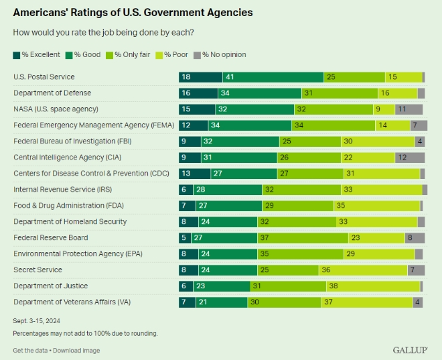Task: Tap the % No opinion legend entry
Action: coord(220,54)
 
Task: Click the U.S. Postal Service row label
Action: coord(44,77)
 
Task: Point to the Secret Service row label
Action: coord(38,269)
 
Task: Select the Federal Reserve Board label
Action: coord(51,237)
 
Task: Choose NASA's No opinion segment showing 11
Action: coord(409,109)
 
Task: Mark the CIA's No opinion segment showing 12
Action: coord(410,158)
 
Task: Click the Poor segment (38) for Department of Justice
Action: coord(373,286)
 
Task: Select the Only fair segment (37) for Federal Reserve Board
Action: coord(303,237)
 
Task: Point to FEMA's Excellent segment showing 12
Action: coord(188,125)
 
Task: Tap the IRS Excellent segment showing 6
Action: coord(185,190)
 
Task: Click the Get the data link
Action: coord(31,350)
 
